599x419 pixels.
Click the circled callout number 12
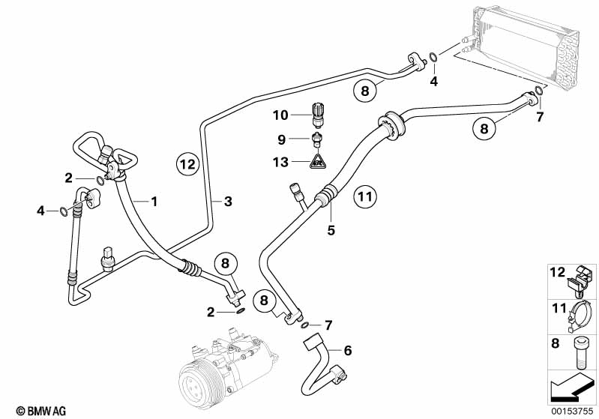tap(187, 163)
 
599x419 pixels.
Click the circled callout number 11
tap(364, 197)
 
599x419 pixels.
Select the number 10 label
tap(280, 115)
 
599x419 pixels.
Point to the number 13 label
tap(280, 162)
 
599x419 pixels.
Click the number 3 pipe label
tap(228, 201)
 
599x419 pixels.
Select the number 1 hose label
tap(154, 201)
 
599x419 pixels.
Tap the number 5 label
tap(331, 230)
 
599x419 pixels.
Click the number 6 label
tap(347, 350)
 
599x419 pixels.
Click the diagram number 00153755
tap(574, 410)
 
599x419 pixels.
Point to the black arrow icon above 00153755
tap(574, 388)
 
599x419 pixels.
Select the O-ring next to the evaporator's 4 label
tap(433, 57)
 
